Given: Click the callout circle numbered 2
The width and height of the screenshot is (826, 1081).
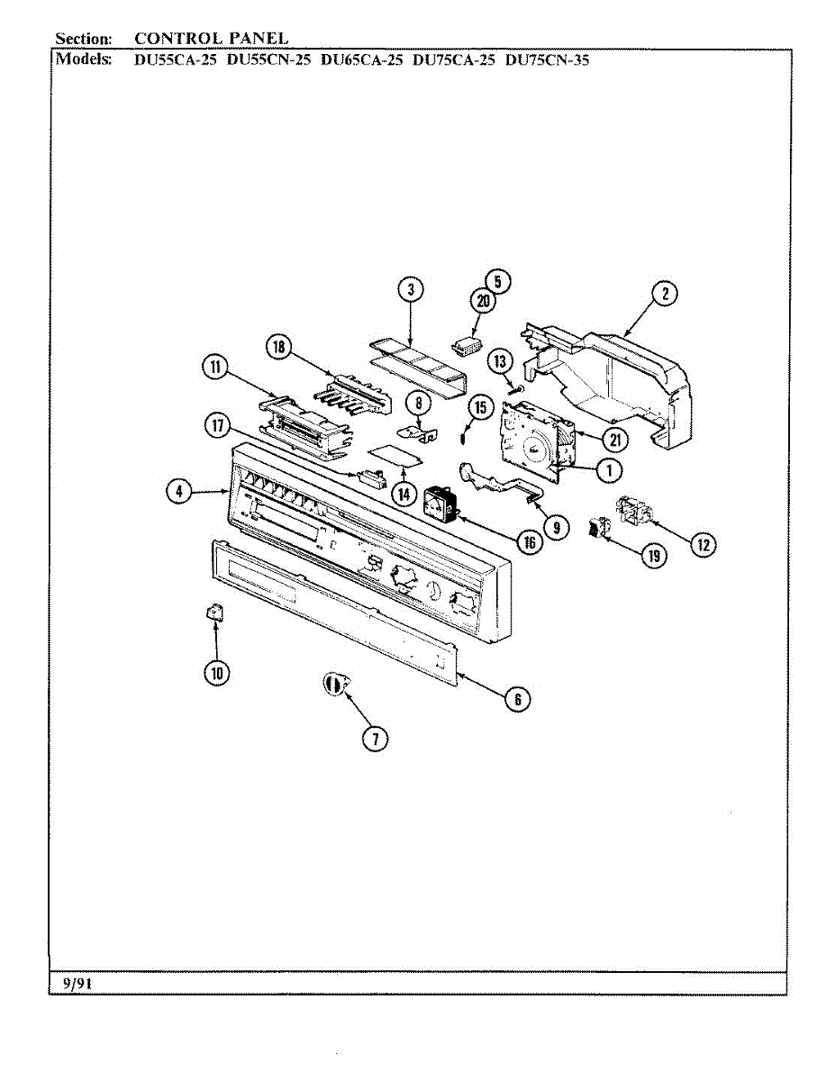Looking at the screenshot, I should (x=665, y=294).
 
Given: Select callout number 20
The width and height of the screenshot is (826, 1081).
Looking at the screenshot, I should (x=484, y=302).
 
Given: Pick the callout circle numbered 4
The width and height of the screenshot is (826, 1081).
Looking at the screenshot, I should (x=180, y=491).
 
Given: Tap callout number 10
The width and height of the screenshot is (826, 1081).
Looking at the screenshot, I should (x=217, y=670).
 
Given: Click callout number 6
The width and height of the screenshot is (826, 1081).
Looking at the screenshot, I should (x=516, y=698).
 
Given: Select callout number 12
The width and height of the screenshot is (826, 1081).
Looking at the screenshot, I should (x=703, y=543).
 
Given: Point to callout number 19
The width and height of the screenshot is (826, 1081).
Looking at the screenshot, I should (x=653, y=556).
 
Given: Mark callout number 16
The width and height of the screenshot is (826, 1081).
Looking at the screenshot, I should (x=528, y=541).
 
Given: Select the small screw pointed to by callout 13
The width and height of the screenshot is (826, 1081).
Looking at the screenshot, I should (x=512, y=388).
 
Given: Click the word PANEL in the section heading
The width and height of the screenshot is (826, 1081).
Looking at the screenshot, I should (x=257, y=39).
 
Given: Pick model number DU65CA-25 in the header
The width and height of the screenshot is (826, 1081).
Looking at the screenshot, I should (x=361, y=61).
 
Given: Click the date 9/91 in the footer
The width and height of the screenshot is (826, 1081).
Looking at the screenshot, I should (x=77, y=984).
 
